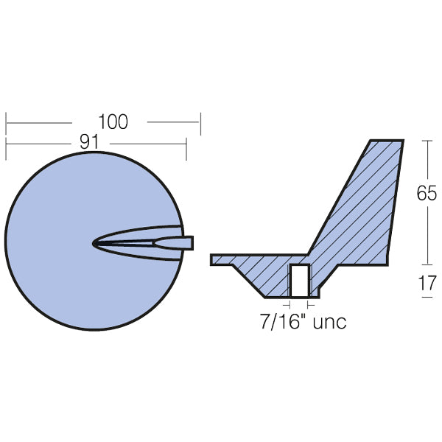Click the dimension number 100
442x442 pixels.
[x=112, y=122]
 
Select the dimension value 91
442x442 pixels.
[x=90, y=144]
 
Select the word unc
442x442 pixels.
[x=327, y=322]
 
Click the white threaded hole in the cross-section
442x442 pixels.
[x=299, y=280]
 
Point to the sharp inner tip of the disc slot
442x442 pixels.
[x=94, y=243]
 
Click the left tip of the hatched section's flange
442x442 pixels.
[x=212, y=259]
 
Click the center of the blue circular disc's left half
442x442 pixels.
[x=52, y=243]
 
